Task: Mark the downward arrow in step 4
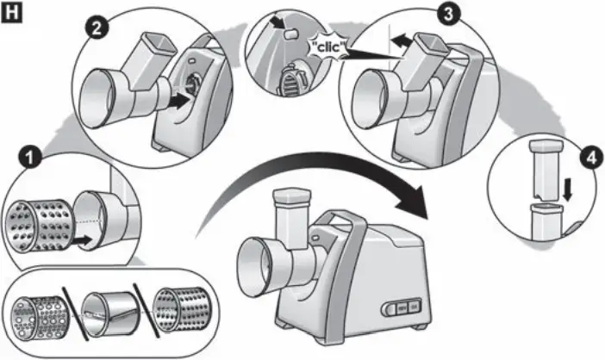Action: tap(567, 189)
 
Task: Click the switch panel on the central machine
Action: tap(402, 306)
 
